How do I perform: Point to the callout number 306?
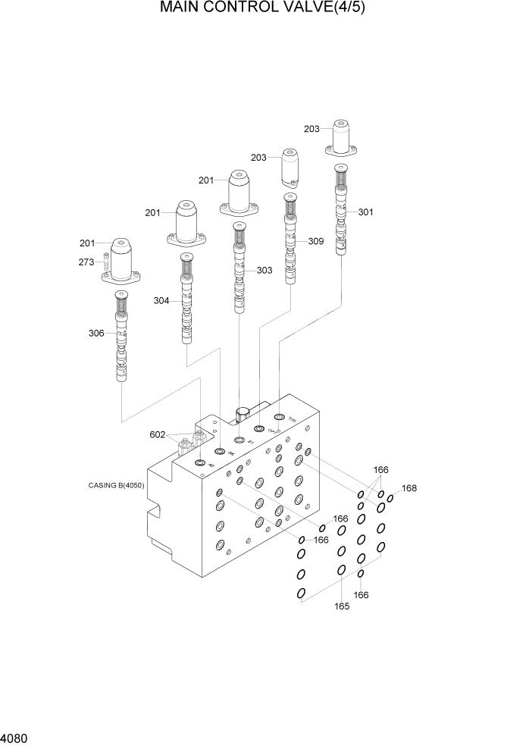pyautogui.click(x=95, y=333)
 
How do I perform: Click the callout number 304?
pyautogui.click(x=161, y=301)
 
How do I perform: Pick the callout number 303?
pyautogui.click(x=264, y=270)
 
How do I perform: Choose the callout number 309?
pyautogui.click(x=315, y=242)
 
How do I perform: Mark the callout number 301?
pyautogui.click(x=365, y=212)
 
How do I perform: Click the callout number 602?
pyautogui.click(x=158, y=434)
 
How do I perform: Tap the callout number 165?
pyautogui.click(x=342, y=606)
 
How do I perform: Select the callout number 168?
pyautogui.click(x=409, y=488)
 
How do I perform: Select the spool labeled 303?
pyautogui.click(x=240, y=273)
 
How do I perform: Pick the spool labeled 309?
pyautogui.click(x=290, y=243)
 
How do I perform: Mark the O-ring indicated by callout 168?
pyautogui.click(x=390, y=498)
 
